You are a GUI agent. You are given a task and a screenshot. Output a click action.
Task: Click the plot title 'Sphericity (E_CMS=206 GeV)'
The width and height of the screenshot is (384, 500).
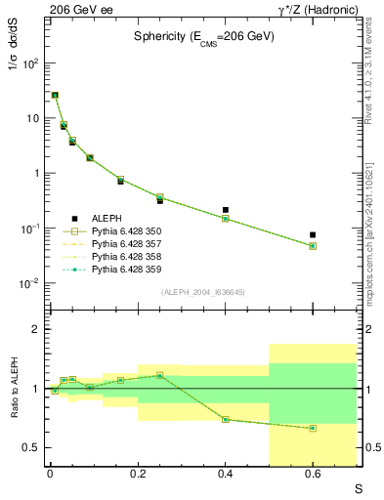click(204, 36)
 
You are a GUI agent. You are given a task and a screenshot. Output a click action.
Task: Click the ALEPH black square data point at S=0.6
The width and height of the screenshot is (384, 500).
click(313, 234)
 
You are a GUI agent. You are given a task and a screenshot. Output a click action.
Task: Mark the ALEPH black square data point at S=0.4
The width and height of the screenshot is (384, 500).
click(225, 209)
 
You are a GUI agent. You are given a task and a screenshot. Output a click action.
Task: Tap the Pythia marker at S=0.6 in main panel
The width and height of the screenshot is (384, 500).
click(313, 246)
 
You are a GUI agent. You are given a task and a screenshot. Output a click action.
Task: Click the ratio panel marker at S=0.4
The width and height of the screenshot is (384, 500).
click(225, 420)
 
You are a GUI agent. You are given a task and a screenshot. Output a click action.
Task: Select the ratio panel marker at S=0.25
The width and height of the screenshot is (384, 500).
click(159, 375)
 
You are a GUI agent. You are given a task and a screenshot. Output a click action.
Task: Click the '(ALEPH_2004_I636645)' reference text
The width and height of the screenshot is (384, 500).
click(203, 292)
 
